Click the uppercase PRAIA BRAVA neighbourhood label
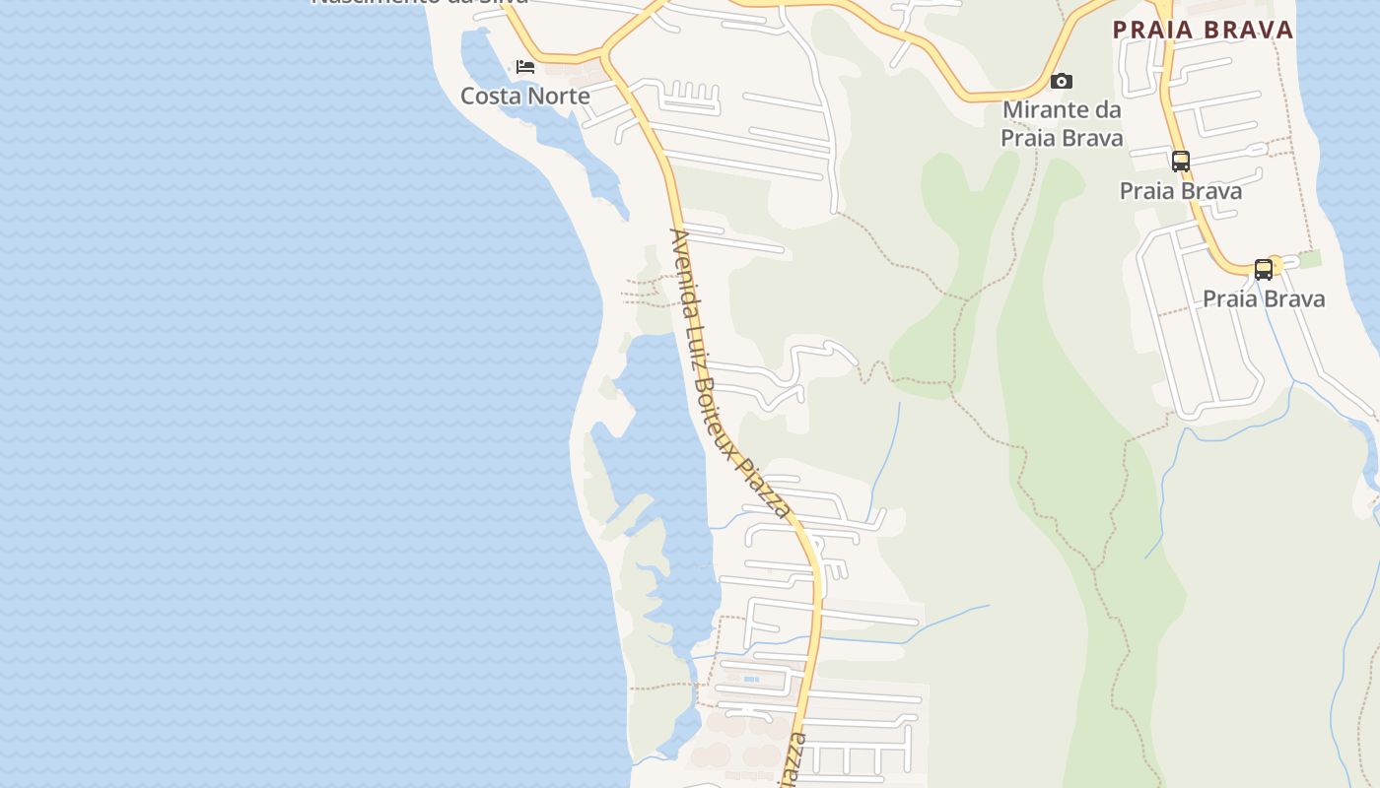coord(1203,30)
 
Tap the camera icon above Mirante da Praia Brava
coord(1062,81)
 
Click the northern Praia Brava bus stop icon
coord(1181,161)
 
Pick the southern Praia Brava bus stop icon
coord(1264,269)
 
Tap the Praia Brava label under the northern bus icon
coord(1181,191)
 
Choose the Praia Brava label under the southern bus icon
coord(1264,298)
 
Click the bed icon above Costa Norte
coord(525,67)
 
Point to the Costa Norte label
coord(525,96)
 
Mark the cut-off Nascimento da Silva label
coord(420,3)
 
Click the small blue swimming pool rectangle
coord(751,679)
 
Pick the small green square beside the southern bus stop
coord(1309,259)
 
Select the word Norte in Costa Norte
coord(559,96)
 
